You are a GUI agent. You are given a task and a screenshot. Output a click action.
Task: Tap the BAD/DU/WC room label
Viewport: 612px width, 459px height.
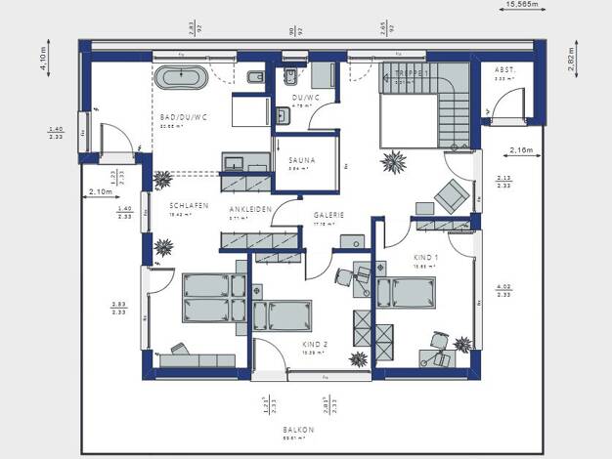(183, 117)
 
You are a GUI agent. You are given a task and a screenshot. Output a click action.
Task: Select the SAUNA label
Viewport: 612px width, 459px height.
(299, 159)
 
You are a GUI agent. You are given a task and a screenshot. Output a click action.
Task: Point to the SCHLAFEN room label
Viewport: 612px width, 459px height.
(188, 206)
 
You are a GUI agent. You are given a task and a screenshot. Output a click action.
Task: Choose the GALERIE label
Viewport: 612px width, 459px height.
(328, 215)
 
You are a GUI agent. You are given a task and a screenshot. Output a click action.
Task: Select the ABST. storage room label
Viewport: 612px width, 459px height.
(504, 71)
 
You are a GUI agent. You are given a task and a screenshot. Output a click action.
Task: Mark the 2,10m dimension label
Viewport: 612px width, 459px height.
(101, 192)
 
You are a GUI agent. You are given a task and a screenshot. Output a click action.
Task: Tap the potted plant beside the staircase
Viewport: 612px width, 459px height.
(396, 160)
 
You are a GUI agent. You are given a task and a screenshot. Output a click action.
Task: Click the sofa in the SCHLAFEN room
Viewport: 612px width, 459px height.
(197, 357)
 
